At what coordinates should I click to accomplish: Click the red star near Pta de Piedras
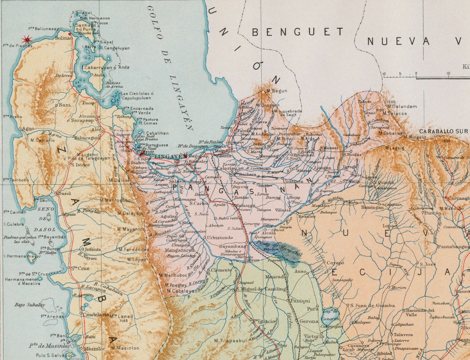pos(27,40)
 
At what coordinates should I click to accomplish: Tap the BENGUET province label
pos(297,32)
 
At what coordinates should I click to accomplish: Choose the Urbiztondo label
pos(220,238)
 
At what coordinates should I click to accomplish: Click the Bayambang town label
pos(232,246)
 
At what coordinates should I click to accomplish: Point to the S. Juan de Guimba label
pos(372,305)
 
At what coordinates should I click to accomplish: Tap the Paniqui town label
pos(300,301)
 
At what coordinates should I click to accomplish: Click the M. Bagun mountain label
pos(277,91)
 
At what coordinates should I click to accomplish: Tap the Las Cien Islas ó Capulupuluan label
pos(137,96)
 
